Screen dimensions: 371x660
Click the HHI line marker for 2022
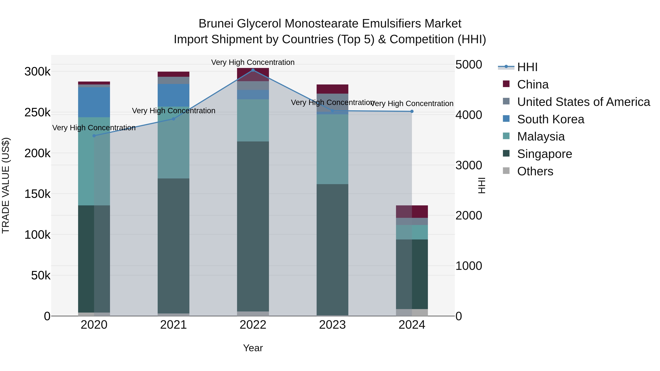[253, 70]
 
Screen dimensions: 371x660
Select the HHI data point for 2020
[94, 136]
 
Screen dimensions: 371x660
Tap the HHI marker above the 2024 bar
[412, 111]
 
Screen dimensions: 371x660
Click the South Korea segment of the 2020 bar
[94, 102]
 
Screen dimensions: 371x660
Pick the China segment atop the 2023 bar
[332, 89]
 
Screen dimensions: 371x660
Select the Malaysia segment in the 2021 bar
[173, 142]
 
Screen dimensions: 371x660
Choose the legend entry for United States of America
[583, 102]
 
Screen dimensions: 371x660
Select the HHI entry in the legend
[527, 67]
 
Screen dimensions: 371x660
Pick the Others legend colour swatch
[506, 171]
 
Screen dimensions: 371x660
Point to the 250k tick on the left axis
[37, 112]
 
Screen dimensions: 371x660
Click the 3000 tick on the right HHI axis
[469, 165]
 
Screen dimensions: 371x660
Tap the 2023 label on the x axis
[332, 325]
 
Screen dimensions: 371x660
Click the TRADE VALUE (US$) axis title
[6, 185]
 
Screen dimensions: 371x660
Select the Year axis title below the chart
[253, 348]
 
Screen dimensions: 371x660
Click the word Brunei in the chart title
[216, 24]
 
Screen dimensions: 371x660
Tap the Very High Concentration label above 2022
[253, 62]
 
